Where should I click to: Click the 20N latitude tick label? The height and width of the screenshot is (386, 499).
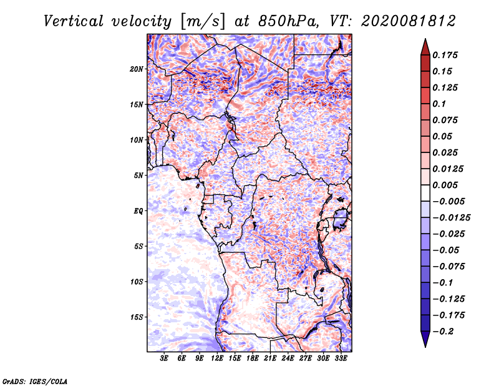[137, 69]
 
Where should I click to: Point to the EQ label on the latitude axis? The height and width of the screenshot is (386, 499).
[138, 211]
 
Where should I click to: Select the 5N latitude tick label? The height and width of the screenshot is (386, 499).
[138, 176]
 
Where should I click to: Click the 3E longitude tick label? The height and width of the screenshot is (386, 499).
[164, 359]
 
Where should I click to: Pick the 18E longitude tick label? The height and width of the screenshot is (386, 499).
[253, 359]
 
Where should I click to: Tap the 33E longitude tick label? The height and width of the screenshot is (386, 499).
[341, 359]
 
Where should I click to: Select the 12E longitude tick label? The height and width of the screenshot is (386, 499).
[217, 359]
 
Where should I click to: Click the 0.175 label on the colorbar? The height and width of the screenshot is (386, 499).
[445, 55]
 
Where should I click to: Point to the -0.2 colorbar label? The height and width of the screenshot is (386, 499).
[443, 332]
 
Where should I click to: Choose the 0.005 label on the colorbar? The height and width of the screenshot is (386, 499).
[445, 185]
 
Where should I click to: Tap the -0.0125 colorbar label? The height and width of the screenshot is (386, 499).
[451, 218]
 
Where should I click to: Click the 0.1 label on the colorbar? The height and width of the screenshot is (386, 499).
[439, 104]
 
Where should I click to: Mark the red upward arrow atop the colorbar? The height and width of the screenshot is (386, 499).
[425, 47]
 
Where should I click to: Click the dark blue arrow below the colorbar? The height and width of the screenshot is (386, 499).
[425, 339]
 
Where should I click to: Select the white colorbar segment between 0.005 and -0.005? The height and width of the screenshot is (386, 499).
[425, 193]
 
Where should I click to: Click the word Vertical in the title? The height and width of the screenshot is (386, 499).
[74, 21]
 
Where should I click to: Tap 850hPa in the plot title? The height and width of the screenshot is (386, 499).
[288, 21]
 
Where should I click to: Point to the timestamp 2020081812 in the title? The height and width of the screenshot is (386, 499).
[409, 21]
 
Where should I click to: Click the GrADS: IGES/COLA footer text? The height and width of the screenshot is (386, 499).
[35, 382]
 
